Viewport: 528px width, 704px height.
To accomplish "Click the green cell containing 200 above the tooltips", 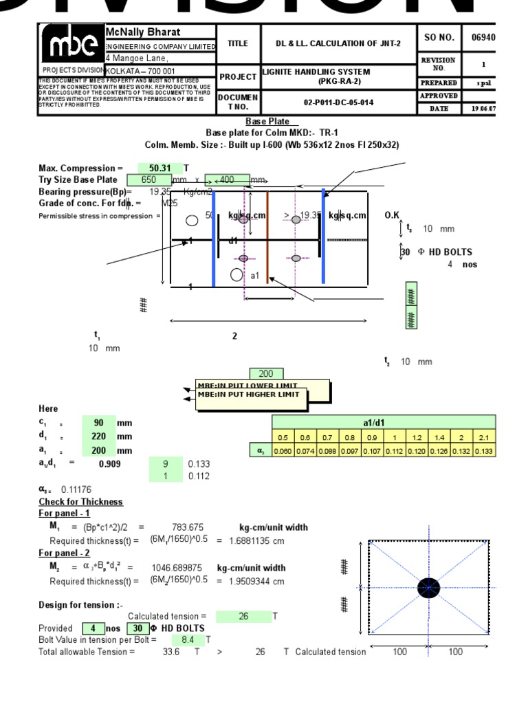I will [x=265, y=374].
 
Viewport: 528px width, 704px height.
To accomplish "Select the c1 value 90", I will [x=98, y=423].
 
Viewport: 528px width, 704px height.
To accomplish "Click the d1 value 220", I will [x=98, y=437].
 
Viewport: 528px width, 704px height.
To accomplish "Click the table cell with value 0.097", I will [x=349, y=451].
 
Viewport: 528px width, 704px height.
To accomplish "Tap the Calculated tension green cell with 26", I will [x=243, y=617].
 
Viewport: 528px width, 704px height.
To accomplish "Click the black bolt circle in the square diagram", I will [x=428, y=588].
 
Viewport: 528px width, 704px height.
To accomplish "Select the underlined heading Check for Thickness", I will [x=80, y=502].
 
